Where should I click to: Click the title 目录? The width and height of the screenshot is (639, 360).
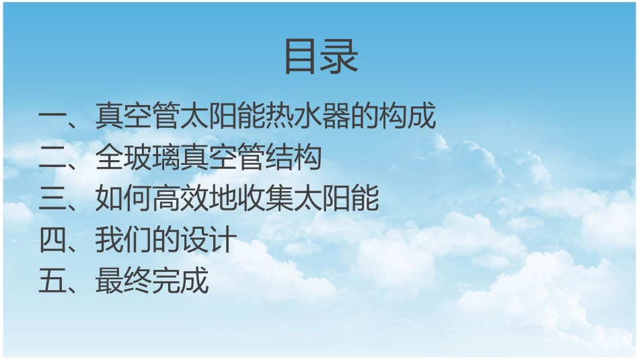[321, 57]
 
